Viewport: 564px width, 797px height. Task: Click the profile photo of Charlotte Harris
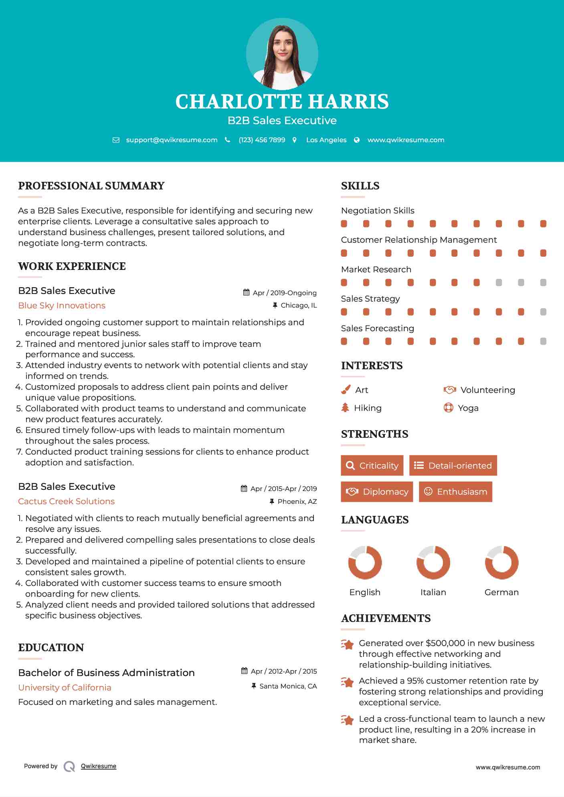(x=282, y=54)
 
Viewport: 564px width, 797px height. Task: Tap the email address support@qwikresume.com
(x=172, y=140)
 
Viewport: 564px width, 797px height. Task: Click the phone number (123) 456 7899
(x=262, y=140)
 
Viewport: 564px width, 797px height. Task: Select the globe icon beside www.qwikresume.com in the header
(x=357, y=140)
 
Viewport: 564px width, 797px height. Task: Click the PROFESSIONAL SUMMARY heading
(x=91, y=186)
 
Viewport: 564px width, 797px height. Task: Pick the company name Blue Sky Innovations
(x=62, y=306)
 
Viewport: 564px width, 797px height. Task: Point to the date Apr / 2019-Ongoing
(x=284, y=293)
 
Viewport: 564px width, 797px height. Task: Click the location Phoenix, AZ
(x=297, y=501)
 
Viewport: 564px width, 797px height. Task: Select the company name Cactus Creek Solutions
(x=66, y=501)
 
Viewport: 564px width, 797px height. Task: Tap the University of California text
(x=65, y=688)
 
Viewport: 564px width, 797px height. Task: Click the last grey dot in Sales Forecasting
(x=543, y=341)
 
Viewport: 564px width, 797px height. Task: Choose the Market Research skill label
(x=376, y=270)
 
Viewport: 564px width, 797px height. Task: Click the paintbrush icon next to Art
(x=346, y=390)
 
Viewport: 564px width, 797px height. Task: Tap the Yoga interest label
(x=468, y=408)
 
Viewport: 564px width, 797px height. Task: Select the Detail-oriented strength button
(x=453, y=465)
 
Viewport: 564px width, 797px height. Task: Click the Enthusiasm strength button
(x=455, y=492)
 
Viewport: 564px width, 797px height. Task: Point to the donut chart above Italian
(x=433, y=562)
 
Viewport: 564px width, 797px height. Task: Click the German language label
(x=501, y=592)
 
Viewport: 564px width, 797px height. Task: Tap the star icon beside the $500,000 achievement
(x=348, y=644)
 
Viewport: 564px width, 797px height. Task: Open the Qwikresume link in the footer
(x=99, y=766)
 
